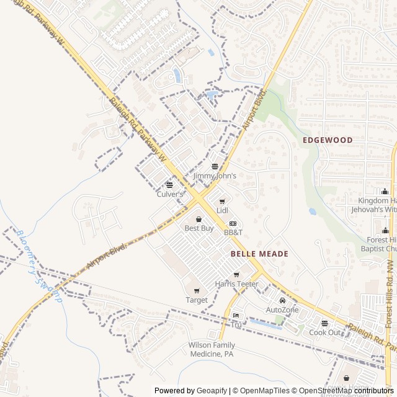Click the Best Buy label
coord(199,228)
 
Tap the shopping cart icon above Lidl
coord(222,202)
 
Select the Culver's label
coord(170,194)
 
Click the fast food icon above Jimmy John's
coord(215,166)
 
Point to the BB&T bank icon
coord(233,223)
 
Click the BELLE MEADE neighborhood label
coord(259,254)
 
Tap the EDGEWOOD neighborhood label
coord(328,140)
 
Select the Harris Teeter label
coord(236,284)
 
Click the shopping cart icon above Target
coord(197,291)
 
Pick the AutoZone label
coord(282,310)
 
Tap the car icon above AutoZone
coord(282,301)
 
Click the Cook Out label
coord(325,332)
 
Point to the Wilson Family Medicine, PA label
coord(212,349)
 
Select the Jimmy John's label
coord(215,176)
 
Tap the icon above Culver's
coord(169,185)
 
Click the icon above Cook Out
coord(324,323)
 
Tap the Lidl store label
coord(222,211)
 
